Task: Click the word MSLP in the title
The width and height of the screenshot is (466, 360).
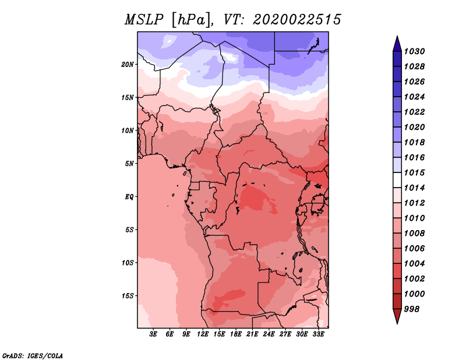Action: (144, 20)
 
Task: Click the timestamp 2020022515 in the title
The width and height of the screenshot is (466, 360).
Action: (297, 20)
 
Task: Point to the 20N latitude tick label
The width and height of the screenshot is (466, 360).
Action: (128, 65)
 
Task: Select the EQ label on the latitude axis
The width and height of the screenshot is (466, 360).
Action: (129, 197)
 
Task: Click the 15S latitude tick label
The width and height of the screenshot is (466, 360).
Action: (128, 296)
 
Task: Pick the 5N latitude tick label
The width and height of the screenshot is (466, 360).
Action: (129, 164)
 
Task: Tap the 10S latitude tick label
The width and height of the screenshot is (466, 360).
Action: (128, 263)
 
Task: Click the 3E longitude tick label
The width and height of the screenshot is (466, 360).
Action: (153, 334)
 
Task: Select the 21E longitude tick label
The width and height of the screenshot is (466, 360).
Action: (252, 334)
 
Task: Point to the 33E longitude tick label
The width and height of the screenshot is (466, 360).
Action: (318, 334)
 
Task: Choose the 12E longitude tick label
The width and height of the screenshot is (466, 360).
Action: (202, 334)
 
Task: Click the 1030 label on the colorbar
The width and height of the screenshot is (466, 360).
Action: (414, 51)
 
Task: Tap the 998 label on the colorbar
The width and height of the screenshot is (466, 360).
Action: (412, 309)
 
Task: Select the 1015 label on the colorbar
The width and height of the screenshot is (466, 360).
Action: (414, 172)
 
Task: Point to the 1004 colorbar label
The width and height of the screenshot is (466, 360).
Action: (414, 264)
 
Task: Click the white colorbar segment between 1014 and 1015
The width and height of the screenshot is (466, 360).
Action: (397, 180)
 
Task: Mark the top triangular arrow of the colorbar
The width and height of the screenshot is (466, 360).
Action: (397, 45)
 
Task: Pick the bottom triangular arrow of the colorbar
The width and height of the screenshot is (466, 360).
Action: (397, 316)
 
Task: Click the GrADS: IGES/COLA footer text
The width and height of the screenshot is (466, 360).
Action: (33, 356)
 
